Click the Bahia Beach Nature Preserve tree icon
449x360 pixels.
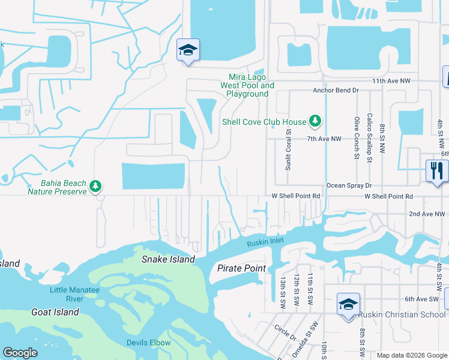(x=95, y=187)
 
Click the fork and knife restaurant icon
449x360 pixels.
(x=436, y=171)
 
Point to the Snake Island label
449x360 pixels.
(x=168, y=259)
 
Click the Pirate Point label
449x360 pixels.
(x=241, y=268)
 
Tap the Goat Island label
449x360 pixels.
(x=55, y=312)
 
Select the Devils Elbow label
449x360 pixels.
(x=148, y=343)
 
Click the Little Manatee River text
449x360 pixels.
(x=74, y=295)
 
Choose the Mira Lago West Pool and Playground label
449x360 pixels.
(x=247, y=85)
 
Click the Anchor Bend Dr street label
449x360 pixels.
(x=336, y=91)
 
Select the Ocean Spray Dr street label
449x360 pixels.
(x=349, y=186)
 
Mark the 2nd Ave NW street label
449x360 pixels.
(x=427, y=214)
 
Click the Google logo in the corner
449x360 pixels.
(x=20, y=353)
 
